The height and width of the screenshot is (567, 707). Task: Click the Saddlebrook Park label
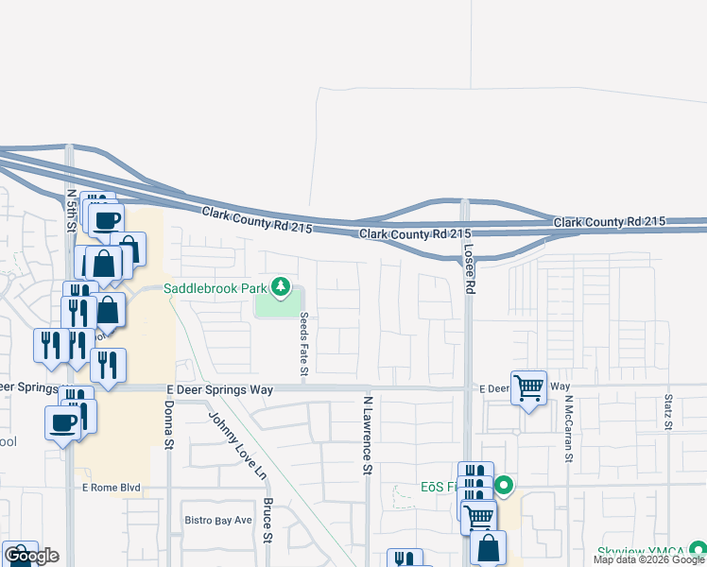[x=216, y=287]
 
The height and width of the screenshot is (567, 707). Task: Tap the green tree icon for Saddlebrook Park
[x=280, y=285]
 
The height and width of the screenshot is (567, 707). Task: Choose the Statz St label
[x=668, y=413]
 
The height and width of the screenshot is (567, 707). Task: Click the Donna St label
[x=169, y=424]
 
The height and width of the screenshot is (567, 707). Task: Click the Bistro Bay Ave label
[x=218, y=520]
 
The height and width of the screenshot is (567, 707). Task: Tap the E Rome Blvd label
[x=111, y=488]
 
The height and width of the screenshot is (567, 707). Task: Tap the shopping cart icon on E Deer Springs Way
[x=529, y=387]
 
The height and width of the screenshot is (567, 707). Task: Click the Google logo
[x=32, y=556]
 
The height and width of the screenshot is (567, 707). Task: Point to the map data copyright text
[x=648, y=560]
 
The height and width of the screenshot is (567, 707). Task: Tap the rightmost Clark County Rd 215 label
[x=610, y=222]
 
